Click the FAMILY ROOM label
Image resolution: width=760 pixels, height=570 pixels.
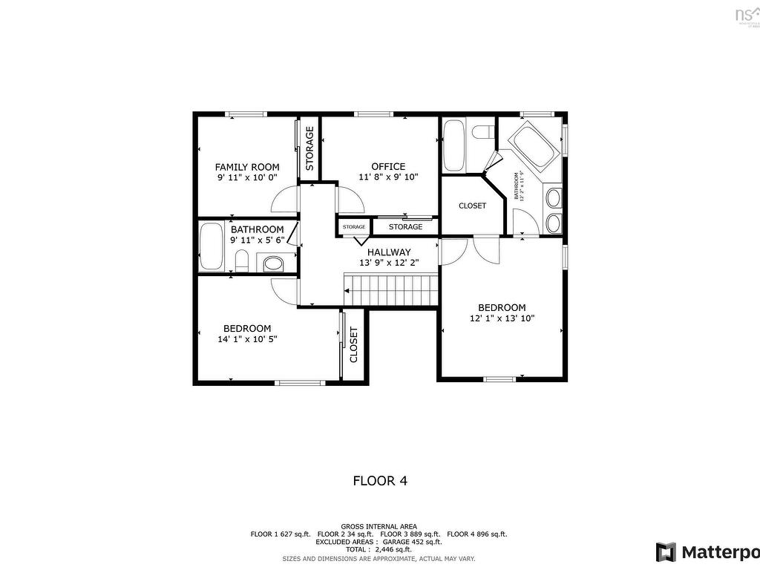[247, 167]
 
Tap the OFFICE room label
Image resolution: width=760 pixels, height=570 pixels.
[388, 166]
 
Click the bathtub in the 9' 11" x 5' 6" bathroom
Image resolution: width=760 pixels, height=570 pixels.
[211, 248]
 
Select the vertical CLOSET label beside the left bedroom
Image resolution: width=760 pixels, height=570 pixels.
[354, 344]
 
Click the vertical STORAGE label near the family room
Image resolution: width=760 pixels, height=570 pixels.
[309, 148]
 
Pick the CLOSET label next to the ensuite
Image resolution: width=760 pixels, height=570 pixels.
[472, 206]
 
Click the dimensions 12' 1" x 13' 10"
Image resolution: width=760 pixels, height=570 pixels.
[502, 318]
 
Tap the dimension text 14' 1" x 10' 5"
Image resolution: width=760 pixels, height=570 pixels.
[247, 338]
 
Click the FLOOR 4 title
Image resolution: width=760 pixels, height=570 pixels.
[379, 480]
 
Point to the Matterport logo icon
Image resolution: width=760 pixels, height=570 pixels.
[666, 552]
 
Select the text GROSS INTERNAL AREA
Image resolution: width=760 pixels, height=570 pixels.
[379, 526]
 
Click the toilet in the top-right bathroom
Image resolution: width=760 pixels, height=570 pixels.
[482, 133]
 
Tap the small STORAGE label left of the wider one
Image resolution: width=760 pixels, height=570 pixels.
[354, 226]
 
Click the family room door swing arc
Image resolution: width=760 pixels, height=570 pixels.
[285, 200]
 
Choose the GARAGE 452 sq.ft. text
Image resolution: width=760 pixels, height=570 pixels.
[412, 542]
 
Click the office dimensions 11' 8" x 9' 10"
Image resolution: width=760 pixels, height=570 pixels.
[388, 177]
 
